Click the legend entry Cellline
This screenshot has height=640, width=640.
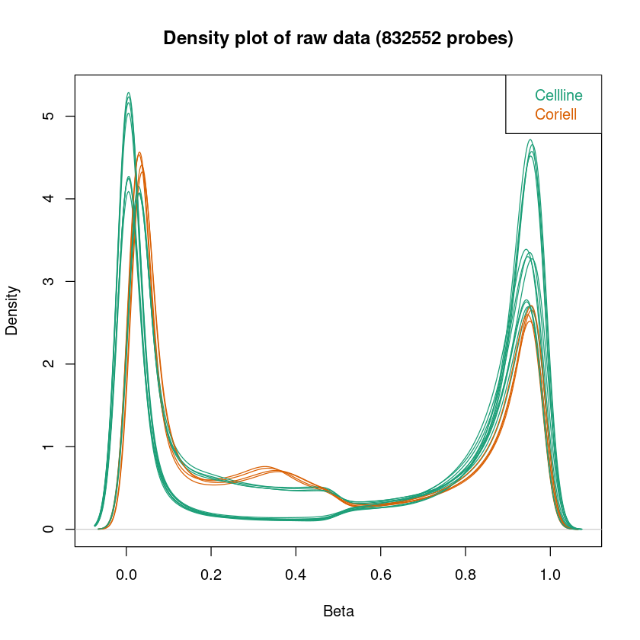[558, 96]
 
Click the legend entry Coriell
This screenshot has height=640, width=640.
[555, 115]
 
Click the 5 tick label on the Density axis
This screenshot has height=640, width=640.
[49, 116]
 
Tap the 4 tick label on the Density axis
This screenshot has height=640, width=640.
[49, 199]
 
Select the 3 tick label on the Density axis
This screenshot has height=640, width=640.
[49, 281]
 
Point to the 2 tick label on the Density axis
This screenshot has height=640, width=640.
[49, 364]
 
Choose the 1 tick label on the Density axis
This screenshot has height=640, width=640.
[49, 446]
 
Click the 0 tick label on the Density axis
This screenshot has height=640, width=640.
[49, 529]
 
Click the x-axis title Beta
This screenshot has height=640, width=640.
[338, 611]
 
